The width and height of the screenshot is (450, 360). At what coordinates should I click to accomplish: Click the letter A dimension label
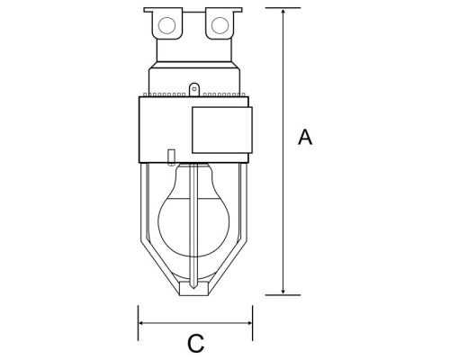coord(305,138)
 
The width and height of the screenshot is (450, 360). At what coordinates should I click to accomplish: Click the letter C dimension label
coord(193,343)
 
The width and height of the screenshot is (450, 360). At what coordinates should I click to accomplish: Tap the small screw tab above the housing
coord(193,89)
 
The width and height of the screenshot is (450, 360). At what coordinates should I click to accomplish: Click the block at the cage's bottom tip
coord(194,288)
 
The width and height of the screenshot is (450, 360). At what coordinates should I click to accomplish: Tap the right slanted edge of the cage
coord(234,261)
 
